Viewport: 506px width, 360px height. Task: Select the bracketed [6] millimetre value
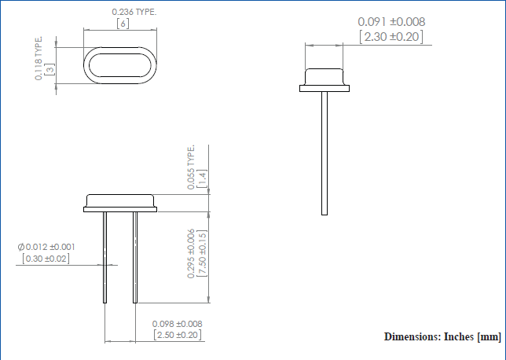pos(122,24)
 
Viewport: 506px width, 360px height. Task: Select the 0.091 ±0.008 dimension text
pos(390,22)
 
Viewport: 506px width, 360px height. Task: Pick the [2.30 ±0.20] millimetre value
pos(390,37)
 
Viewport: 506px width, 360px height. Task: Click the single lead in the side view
pos(324,153)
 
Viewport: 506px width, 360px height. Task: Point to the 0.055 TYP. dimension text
pos(190,167)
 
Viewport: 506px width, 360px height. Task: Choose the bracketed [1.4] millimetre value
pos(202,177)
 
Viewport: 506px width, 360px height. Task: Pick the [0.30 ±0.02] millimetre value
pos(46,259)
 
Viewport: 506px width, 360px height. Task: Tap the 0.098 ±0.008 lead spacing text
pos(178,323)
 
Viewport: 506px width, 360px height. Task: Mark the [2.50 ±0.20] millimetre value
pos(178,336)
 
